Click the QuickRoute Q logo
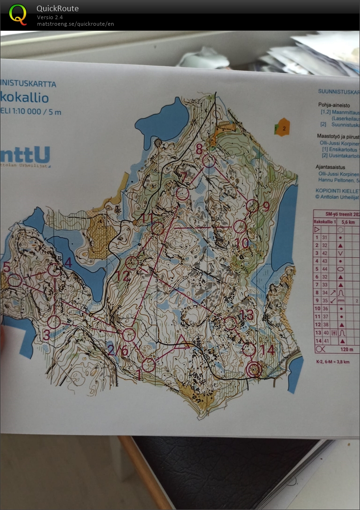click(x=18, y=14)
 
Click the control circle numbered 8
click(x=209, y=161)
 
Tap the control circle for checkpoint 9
click(x=252, y=206)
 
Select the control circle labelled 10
click(x=239, y=227)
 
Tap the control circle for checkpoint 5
click(x=15, y=280)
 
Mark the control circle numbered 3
click(x=54, y=322)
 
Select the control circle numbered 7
click(x=182, y=193)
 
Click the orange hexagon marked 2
click(x=282, y=127)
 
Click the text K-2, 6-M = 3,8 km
click(x=332, y=361)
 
